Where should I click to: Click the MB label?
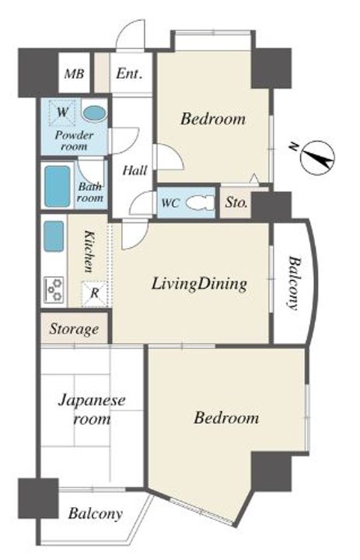coord(75,74)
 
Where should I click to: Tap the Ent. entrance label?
coord(129,74)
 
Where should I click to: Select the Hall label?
coord(135,170)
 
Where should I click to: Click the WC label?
coord(170,203)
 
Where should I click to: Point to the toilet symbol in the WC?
coord(201,203)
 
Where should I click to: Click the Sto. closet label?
coord(236,202)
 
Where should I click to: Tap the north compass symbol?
coord(317,157)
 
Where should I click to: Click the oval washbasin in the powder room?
coord(94,114)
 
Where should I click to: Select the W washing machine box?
coord(62,112)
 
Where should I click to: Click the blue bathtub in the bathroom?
coord(58,187)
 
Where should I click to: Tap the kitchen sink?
coord(54,236)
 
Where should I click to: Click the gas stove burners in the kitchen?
coord(54,289)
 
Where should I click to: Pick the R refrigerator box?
coord(94,293)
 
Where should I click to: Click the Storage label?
coord(74,329)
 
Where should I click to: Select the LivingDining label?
coord(199,285)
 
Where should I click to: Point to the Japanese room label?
coord(92,409)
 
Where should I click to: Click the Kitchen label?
coord(89,251)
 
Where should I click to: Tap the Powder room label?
coord(75,141)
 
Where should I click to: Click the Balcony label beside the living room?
coord(293,282)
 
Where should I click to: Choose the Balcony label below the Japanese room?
coord(96,513)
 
